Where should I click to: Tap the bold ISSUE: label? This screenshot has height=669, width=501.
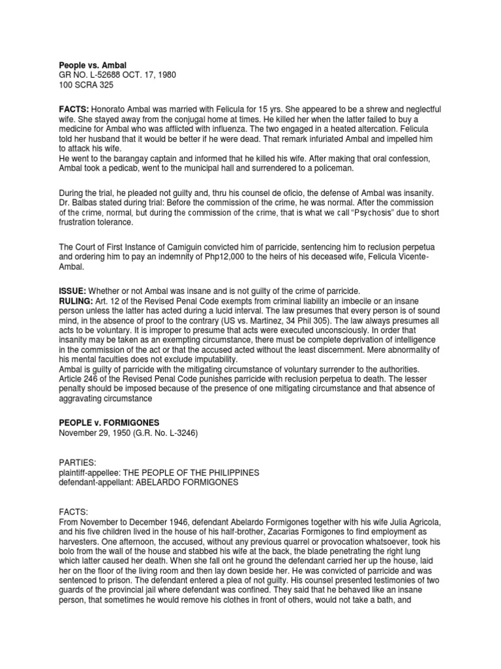tap(72, 290)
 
